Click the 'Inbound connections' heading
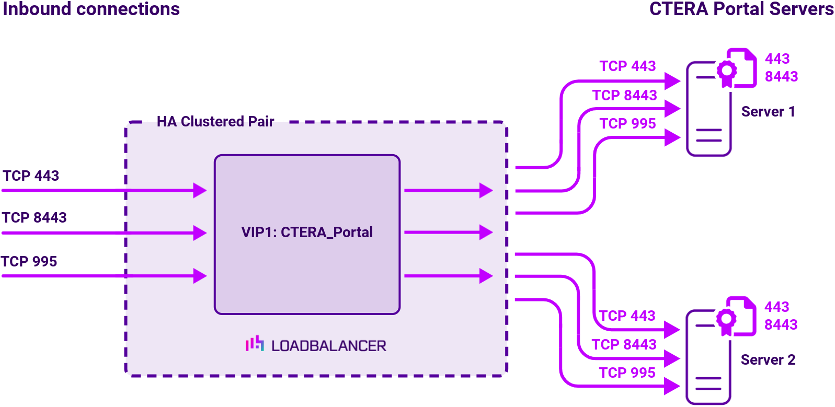tap(91, 9)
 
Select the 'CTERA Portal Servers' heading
tap(741, 9)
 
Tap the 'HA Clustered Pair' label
tap(215, 122)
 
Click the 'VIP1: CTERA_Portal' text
tap(307, 232)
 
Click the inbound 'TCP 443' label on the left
tap(31, 176)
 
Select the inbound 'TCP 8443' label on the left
tap(34, 218)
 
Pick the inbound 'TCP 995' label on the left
tap(29, 262)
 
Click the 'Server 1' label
tap(768, 112)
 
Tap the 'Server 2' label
tap(768, 360)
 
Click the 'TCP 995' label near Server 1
tap(627, 124)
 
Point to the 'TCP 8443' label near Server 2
tap(624, 345)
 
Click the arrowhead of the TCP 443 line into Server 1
tap(672, 81)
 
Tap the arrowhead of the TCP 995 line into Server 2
tap(672, 386)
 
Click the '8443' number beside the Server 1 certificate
tap(781, 77)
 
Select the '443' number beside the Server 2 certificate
tap(776, 307)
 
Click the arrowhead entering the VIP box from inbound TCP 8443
tap(199, 232)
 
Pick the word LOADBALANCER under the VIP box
tap(328, 346)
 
